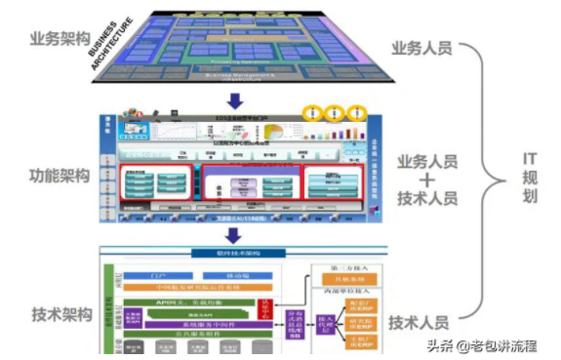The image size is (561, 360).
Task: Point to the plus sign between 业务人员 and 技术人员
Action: (x=421, y=181)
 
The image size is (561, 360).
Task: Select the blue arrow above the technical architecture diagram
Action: (x=233, y=234)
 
